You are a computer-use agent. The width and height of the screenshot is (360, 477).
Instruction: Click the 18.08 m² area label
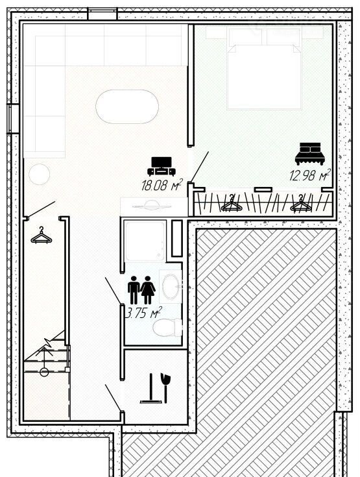(162, 185)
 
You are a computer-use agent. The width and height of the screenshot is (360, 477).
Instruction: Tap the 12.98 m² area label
(310, 175)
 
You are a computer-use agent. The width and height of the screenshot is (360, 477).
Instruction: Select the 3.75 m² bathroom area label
(143, 313)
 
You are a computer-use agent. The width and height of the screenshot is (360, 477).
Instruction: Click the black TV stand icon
(162, 166)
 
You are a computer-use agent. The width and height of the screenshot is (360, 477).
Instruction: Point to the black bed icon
(310, 154)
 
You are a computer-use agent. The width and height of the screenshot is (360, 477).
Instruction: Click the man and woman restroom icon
(141, 290)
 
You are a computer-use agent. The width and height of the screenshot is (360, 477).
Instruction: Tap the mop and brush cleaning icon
(156, 389)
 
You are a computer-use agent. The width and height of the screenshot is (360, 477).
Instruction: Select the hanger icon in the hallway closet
(42, 235)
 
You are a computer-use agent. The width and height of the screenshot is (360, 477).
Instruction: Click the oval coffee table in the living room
(127, 106)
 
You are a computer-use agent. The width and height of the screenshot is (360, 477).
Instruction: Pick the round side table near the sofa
(39, 174)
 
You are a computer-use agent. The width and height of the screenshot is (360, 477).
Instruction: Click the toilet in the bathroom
(167, 327)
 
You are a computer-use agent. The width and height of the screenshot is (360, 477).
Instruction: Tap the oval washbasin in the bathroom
(171, 286)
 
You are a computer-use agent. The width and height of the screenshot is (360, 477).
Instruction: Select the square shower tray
(145, 241)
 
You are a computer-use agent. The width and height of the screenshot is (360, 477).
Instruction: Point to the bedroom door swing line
(200, 167)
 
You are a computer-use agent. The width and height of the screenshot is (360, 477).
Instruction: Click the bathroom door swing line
(113, 291)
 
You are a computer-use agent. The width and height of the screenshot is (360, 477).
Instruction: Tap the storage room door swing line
(113, 398)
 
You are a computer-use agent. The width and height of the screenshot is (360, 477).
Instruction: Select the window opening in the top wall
(102, 14)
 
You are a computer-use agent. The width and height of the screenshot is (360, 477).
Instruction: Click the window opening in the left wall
(14, 119)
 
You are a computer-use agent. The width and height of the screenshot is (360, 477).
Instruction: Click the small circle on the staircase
(44, 372)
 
